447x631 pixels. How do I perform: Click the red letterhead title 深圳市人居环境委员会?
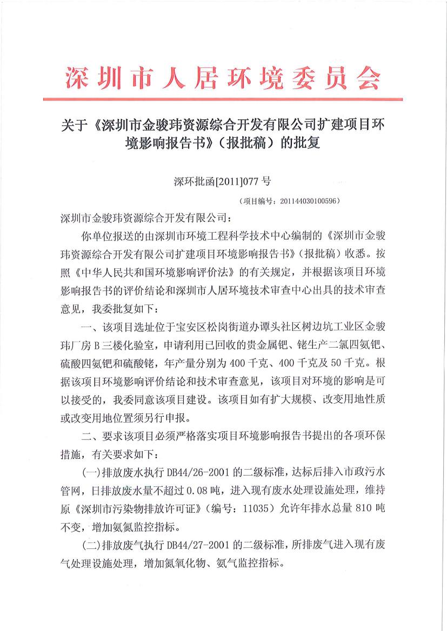tap(223, 79)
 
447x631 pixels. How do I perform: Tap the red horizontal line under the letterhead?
tap(223, 99)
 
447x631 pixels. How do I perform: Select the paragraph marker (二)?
tap(90, 542)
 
